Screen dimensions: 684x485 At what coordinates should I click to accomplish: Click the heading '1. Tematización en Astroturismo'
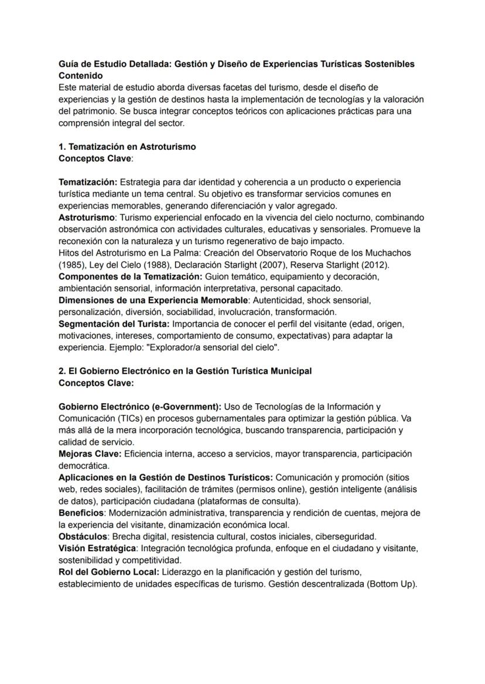coord(127,147)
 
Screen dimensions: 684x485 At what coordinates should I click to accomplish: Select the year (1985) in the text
coord(71,264)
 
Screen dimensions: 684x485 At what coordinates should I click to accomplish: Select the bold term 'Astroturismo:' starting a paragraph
coord(87,217)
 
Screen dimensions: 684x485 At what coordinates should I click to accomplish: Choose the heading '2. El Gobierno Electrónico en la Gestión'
coord(185,371)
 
